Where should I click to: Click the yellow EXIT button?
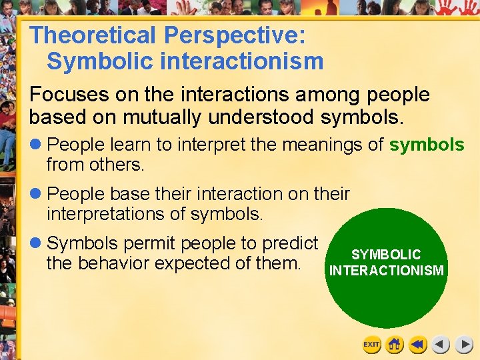(x=371, y=345)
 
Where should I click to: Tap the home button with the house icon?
(x=395, y=345)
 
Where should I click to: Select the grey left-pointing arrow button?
(x=441, y=345)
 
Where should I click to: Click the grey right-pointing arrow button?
(x=464, y=345)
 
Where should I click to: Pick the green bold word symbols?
(x=427, y=145)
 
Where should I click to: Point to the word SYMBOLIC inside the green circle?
(x=386, y=255)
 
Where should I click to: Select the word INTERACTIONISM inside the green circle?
(x=386, y=270)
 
